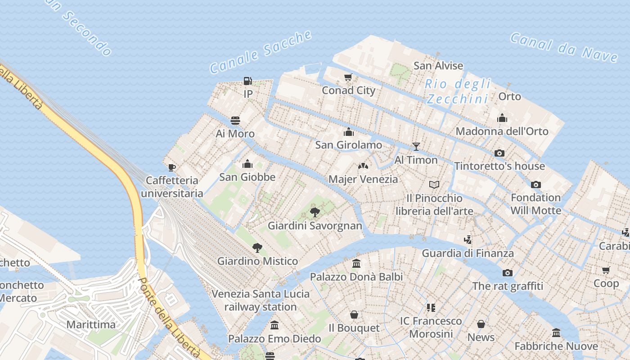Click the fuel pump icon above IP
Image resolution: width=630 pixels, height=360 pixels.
(247, 81)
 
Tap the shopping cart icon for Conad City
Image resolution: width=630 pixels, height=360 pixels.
(348, 77)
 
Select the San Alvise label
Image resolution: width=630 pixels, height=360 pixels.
(438, 66)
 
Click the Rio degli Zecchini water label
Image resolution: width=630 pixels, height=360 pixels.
(458, 91)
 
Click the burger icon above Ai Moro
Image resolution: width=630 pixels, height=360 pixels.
(235, 121)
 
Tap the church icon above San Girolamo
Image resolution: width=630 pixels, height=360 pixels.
(348, 132)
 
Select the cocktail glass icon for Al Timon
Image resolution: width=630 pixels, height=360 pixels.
(416, 147)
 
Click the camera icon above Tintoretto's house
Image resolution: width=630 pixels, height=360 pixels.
(499, 153)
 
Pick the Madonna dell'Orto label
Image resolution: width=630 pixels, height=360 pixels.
(502, 131)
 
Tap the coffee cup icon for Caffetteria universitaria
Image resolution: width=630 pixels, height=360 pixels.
(171, 168)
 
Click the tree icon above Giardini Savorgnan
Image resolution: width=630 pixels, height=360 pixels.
(315, 211)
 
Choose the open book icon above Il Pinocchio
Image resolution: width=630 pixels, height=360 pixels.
(434, 184)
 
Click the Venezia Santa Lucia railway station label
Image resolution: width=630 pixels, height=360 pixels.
(261, 300)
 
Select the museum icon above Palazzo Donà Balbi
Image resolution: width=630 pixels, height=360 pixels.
(356, 263)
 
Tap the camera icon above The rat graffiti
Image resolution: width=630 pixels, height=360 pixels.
(507, 273)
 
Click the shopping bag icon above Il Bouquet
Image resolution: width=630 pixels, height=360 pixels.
(354, 315)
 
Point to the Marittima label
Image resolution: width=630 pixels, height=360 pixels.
(91, 324)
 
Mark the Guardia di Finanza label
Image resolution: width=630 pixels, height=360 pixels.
(468, 253)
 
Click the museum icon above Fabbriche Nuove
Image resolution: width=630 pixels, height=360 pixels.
(556, 333)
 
